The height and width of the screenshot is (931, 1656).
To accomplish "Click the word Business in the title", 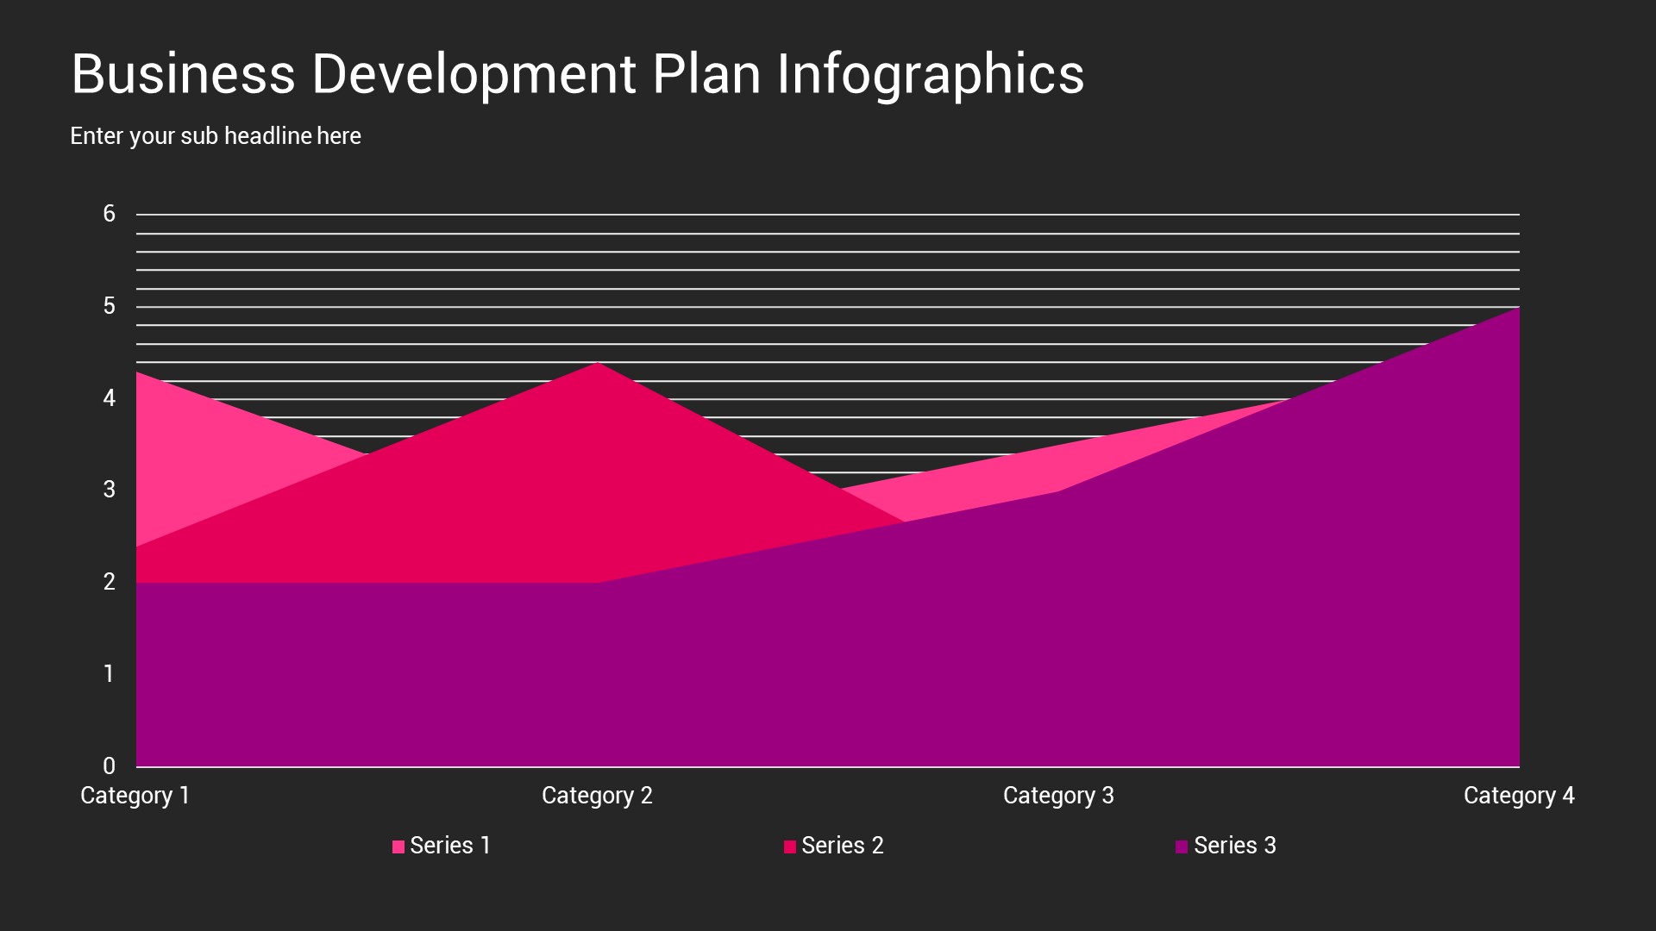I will click(x=183, y=74).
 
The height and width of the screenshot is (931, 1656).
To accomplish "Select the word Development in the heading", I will click(x=474, y=74).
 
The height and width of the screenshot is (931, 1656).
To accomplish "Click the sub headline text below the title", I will click(x=215, y=136).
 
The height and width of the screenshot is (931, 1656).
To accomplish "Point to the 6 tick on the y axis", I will click(x=109, y=214).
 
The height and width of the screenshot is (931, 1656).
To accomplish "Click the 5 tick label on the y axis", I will click(x=109, y=306).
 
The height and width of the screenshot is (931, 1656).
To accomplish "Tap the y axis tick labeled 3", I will click(x=109, y=490).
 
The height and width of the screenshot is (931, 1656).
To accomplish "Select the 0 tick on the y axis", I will click(x=109, y=765).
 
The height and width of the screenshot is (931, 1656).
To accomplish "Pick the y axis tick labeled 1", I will click(x=109, y=673).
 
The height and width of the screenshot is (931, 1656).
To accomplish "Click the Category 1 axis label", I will click(x=135, y=795).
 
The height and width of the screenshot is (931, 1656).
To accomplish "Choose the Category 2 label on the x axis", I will click(x=597, y=795).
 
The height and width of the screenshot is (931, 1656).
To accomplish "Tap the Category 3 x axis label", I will click(x=1058, y=795).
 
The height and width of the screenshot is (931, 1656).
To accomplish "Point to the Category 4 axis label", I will click(x=1518, y=795).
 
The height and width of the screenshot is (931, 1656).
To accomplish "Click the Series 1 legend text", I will click(x=450, y=846).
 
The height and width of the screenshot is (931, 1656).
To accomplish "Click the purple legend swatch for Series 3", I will click(x=1182, y=847).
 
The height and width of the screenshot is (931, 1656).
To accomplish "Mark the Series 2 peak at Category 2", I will click(x=598, y=364).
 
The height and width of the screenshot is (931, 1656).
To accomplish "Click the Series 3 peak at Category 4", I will click(x=1517, y=309).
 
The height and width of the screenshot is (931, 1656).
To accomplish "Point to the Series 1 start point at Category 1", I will click(x=138, y=373).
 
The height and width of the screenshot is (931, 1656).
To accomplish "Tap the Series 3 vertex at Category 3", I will click(x=1059, y=491).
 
